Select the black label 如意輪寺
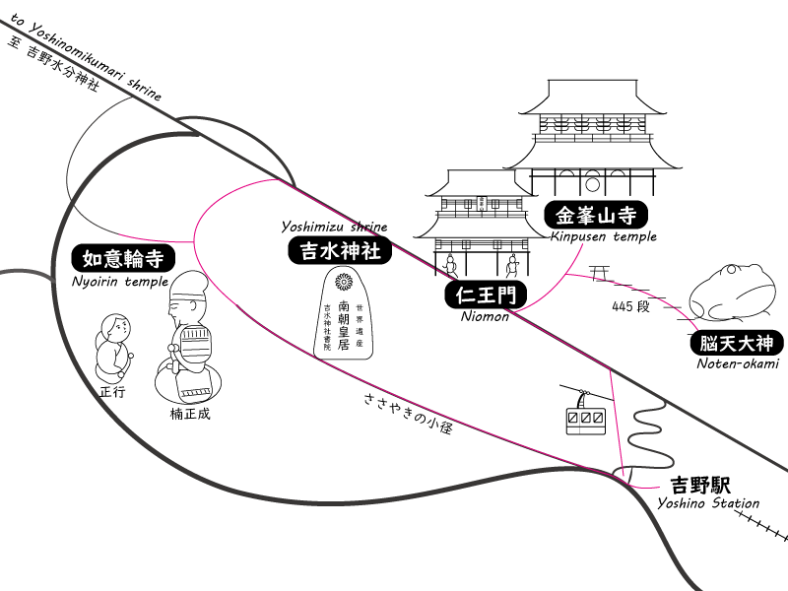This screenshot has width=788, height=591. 123,259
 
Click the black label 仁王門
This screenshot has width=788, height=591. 486,295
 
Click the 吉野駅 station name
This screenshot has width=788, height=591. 700,485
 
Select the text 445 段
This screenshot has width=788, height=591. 630,306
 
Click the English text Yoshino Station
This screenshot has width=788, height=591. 708,504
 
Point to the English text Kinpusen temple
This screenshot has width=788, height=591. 603,236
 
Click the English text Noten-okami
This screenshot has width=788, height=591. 737,364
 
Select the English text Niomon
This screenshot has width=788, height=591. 485,316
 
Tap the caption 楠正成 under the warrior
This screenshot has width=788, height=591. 190,414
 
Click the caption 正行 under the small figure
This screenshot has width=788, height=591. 113,391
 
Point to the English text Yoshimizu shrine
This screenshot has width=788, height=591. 334,228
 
